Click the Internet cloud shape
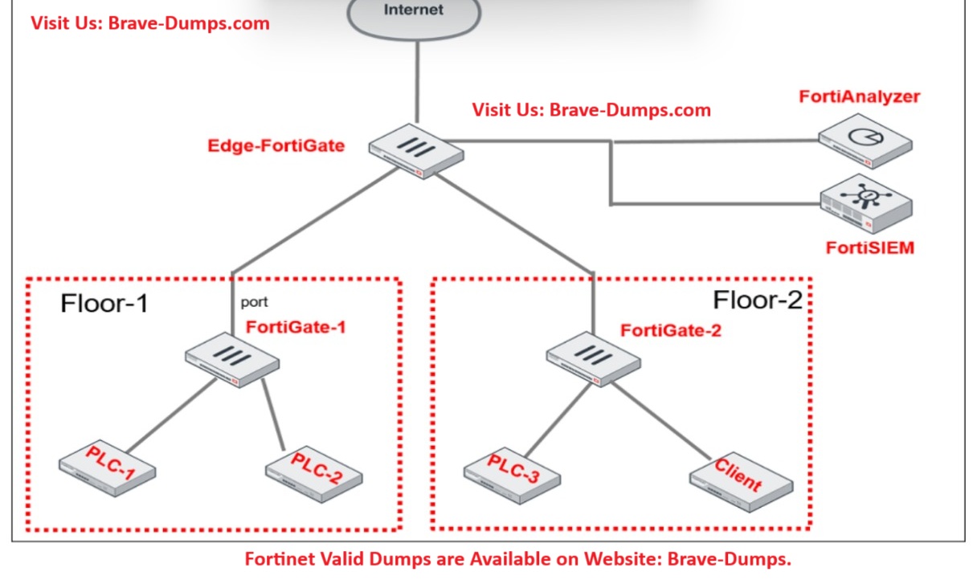tap(415, 14)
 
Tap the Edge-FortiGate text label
tap(276, 146)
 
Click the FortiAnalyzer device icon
tap(866, 141)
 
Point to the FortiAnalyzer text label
tap(859, 97)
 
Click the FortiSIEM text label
tap(869, 247)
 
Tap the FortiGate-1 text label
tap(296, 327)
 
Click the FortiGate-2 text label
tap(671, 330)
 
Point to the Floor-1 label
tap(104, 304)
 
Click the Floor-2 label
tap(758, 300)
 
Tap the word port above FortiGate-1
tap(254, 304)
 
